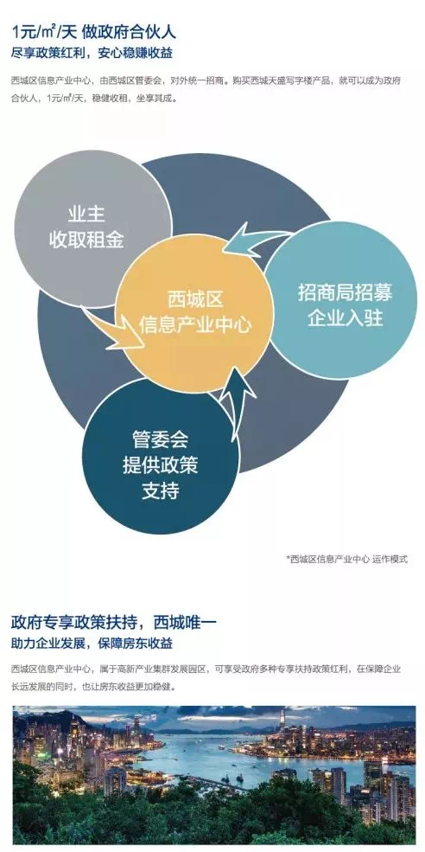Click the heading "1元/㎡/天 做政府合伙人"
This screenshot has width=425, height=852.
(94, 32)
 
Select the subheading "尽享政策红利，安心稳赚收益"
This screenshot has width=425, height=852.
(92, 54)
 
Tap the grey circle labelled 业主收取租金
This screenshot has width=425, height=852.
(92, 228)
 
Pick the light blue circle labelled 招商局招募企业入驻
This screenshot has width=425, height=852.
(342, 300)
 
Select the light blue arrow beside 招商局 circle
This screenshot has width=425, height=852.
(255, 240)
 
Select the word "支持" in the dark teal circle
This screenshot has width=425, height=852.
(160, 491)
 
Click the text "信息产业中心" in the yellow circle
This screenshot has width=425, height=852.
(195, 324)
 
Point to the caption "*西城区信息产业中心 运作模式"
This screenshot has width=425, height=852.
(347, 559)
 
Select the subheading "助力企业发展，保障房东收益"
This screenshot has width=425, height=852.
(92, 644)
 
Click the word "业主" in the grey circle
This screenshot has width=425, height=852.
(86, 215)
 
